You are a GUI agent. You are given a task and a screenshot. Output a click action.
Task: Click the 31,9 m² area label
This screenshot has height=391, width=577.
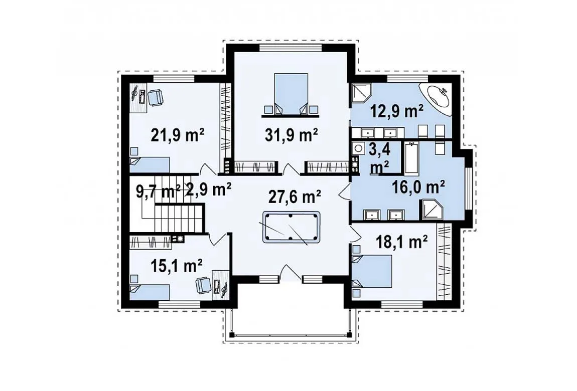click(291, 136)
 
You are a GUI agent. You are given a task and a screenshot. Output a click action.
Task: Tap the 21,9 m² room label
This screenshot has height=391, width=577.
click(178, 136)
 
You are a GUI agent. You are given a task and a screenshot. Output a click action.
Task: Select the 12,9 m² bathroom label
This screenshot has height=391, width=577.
click(397, 111)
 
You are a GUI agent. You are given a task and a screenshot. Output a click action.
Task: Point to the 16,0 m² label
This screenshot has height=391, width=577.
click(418, 187)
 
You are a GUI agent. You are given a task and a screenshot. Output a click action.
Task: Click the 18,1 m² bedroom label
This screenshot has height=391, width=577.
click(401, 242)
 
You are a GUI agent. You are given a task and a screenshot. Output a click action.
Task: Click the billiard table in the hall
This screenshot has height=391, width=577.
click(291, 227)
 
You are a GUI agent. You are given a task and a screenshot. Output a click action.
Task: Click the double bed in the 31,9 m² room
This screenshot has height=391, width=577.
click(291, 93)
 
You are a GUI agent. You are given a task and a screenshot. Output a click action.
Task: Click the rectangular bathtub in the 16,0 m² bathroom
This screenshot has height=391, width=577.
click(412, 158)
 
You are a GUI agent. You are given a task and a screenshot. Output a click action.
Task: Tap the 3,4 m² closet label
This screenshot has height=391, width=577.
click(380, 159)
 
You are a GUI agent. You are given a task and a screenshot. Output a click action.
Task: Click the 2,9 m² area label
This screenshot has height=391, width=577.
click(209, 190)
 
